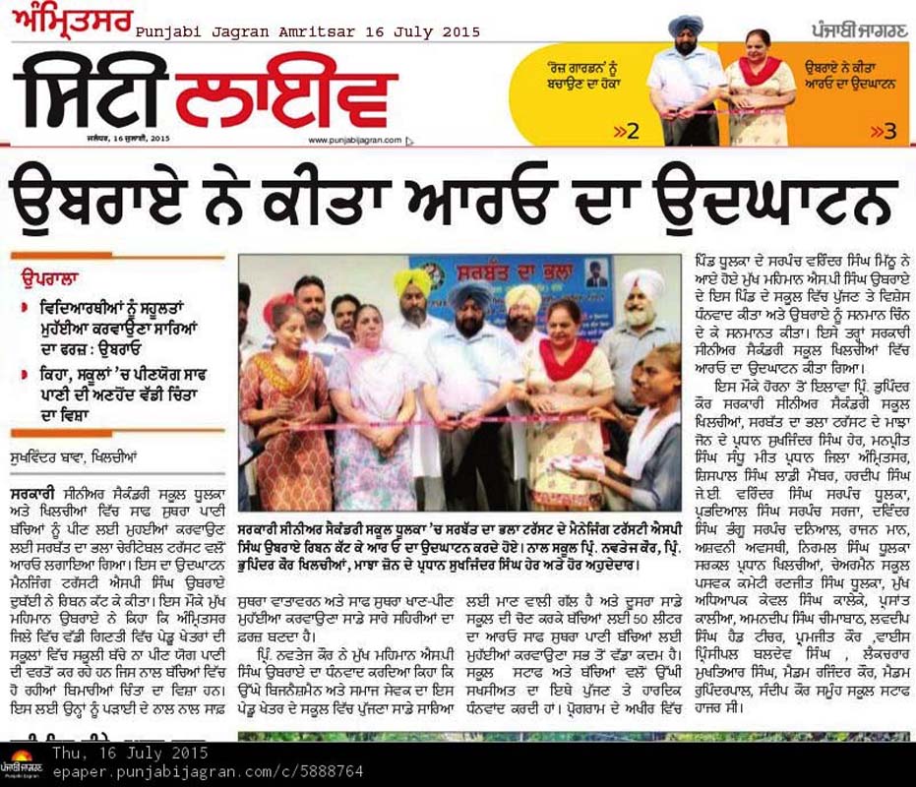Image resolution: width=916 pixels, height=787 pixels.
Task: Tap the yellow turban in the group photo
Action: point(412,282)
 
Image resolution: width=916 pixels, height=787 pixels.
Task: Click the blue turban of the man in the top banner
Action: point(685,26)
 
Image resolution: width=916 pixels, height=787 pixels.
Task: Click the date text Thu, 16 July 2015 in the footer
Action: point(131,753)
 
